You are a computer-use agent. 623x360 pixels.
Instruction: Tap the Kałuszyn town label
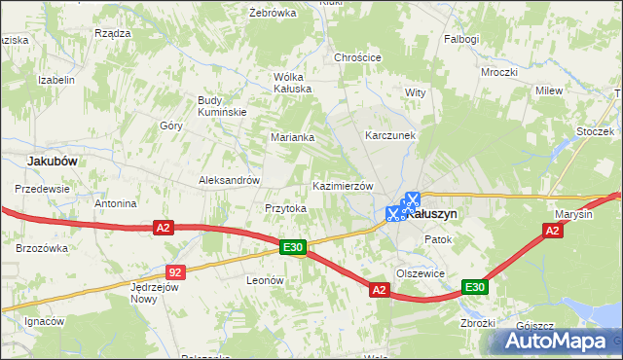click(x=434, y=213)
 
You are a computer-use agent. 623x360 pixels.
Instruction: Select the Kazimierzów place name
click(x=343, y=186)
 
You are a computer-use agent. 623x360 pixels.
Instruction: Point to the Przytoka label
click(x=286, y=208)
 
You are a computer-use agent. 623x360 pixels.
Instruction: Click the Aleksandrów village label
click(x=229, y=180)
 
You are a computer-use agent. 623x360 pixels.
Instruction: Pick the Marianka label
click(x=292, y=137)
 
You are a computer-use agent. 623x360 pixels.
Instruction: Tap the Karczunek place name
click(x=390, y=135)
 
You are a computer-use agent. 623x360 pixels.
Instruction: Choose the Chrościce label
click(x=357, y=57)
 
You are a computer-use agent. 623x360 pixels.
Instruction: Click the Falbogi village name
click(x=462, y=39)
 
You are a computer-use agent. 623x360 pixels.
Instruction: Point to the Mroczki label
click(x=498, y=72)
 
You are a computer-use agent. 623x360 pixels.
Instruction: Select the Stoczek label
click(x=594, y=131)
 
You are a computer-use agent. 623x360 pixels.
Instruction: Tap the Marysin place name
click(x=574, y=214)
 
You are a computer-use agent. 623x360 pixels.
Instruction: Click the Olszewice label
click(x=421, y=273)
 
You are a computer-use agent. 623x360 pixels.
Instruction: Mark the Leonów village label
click(x=264, y=280)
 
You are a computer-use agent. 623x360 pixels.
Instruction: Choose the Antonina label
click(x=115, y=204)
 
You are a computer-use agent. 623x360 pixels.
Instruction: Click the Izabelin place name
click(x=55, y=80)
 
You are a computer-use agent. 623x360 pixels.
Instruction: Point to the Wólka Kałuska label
click(x=292, y=83)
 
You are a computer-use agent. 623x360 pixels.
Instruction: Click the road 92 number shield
click(x=174, y=273)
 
